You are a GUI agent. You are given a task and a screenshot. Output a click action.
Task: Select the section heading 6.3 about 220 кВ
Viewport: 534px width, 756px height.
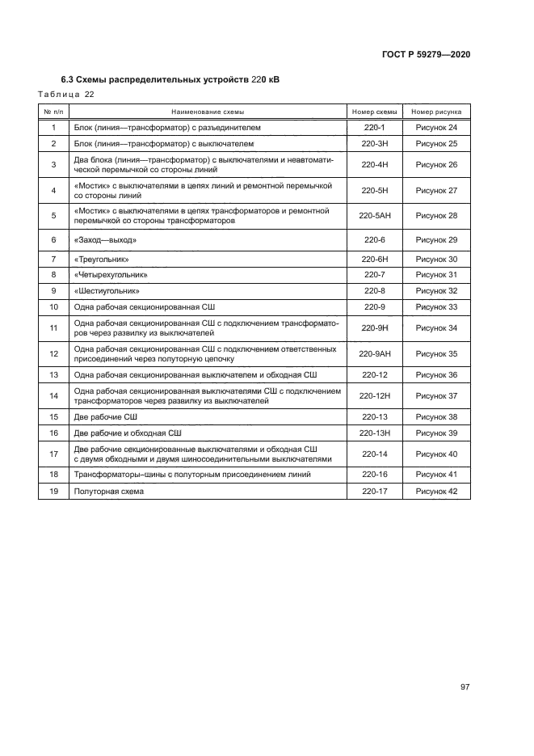tap(170, 79)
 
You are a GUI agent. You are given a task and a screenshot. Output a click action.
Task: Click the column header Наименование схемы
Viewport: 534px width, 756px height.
tap(207, 112)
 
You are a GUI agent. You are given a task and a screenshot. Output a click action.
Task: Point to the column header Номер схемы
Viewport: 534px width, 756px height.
tap(374, 112)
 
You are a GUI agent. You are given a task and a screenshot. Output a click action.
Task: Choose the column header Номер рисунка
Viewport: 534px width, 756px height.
tap(436, 112)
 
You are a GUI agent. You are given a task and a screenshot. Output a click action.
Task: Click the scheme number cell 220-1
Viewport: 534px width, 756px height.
tap(374, 128)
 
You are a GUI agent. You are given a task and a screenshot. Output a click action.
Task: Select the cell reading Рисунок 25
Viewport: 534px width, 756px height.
tap(436, 144)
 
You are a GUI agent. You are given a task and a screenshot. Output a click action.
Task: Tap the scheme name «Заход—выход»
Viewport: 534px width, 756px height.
tap(105, 240)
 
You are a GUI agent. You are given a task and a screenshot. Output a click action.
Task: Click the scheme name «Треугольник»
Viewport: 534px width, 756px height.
tap(102, 259)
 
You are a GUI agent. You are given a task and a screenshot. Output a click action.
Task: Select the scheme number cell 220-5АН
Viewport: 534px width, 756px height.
tap(374, 216)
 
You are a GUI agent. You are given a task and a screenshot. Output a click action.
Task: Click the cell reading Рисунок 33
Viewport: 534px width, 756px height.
tap(436, 307)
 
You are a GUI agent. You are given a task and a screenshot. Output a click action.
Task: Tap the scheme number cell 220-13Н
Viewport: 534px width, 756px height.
tap(374, 433)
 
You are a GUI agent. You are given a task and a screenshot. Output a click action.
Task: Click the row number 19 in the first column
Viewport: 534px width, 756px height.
tap(53, 492)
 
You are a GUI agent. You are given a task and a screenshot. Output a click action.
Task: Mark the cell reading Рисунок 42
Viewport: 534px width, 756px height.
tap(436, 492)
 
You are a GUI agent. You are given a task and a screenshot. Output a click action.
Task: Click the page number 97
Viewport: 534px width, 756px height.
tap(465, 687)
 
